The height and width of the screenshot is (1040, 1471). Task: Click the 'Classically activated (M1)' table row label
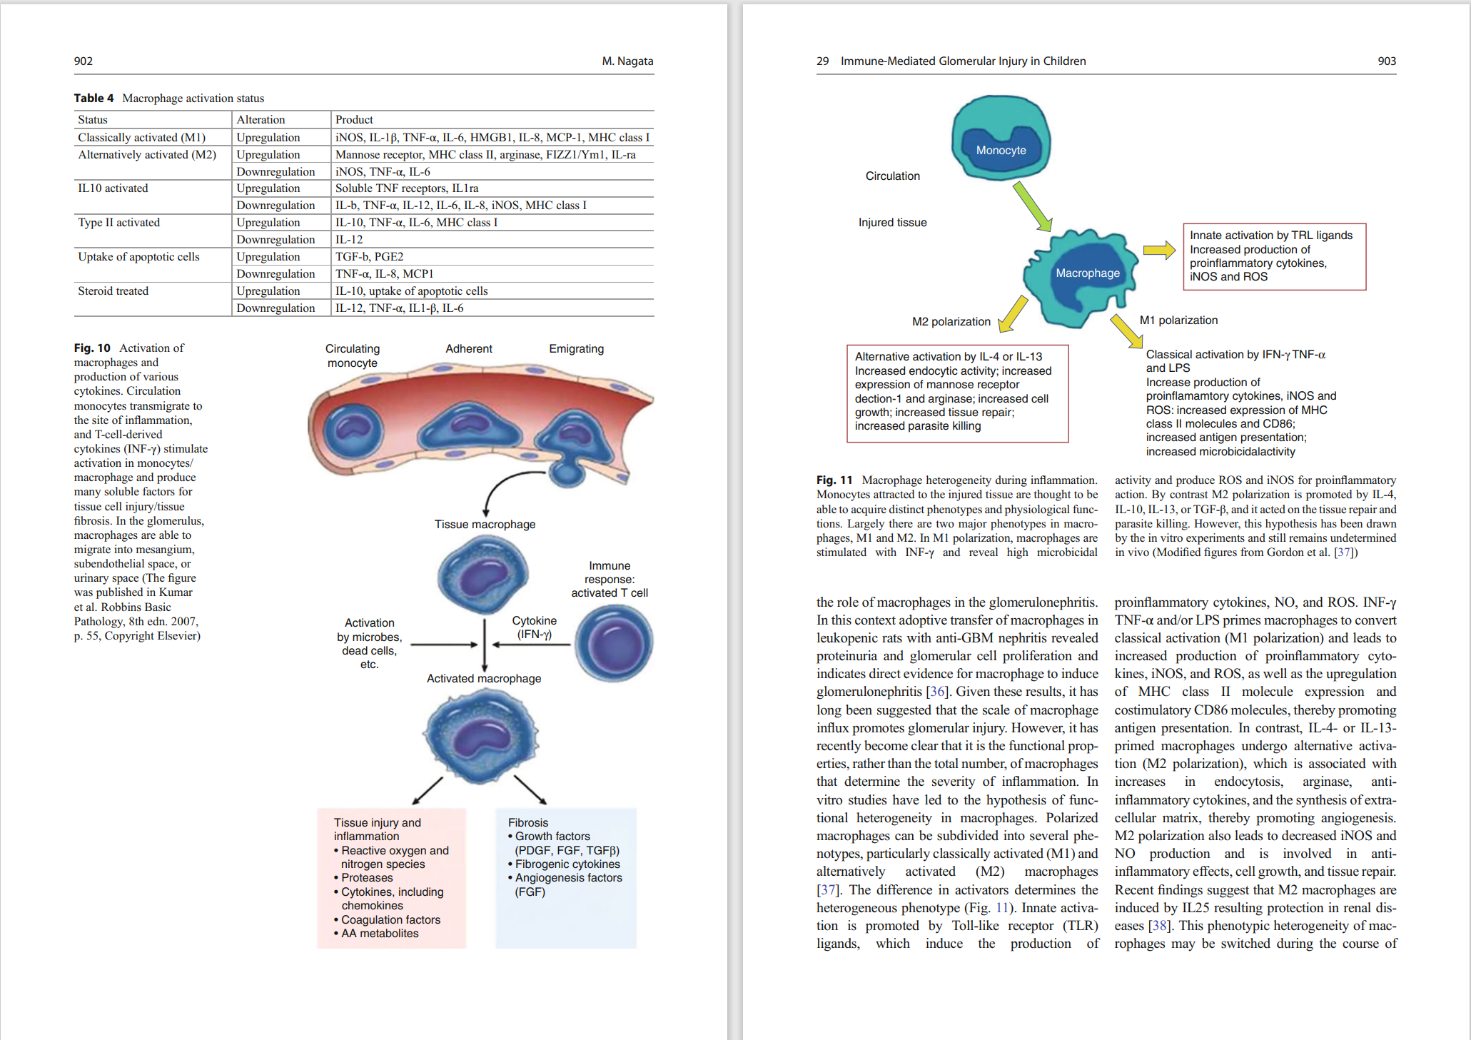[141, 137]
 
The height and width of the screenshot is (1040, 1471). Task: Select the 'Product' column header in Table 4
[354, 120]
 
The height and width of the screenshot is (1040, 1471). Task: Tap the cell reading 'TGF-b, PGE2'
[370, 257]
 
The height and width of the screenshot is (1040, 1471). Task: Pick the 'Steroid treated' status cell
[113, 291]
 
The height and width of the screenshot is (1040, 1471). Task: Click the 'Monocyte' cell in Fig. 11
[1001, 137]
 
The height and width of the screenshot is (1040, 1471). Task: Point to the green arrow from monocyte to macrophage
[1032, 206]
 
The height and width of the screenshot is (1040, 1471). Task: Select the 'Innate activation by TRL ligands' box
[1275, 257]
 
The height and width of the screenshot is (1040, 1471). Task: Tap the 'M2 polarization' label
[951, 322]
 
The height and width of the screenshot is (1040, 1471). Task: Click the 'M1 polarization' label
[1178, 320]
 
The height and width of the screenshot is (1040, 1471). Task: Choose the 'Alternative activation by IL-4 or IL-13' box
[957, 393]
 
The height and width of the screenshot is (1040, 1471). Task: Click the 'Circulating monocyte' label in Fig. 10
[353, 355]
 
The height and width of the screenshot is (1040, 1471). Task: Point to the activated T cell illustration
[614, 642]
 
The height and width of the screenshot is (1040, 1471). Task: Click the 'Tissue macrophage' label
[485, 525]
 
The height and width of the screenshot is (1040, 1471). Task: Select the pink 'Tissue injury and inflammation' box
[392, 878]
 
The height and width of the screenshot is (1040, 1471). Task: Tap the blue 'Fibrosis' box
[566, 878]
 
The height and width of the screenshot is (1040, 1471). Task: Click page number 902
[84, 61]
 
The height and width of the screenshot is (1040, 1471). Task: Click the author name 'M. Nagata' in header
[627, 61]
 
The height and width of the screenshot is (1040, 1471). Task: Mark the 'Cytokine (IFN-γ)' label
[535, 627]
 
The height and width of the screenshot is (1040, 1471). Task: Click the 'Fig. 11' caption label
[834, 480]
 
